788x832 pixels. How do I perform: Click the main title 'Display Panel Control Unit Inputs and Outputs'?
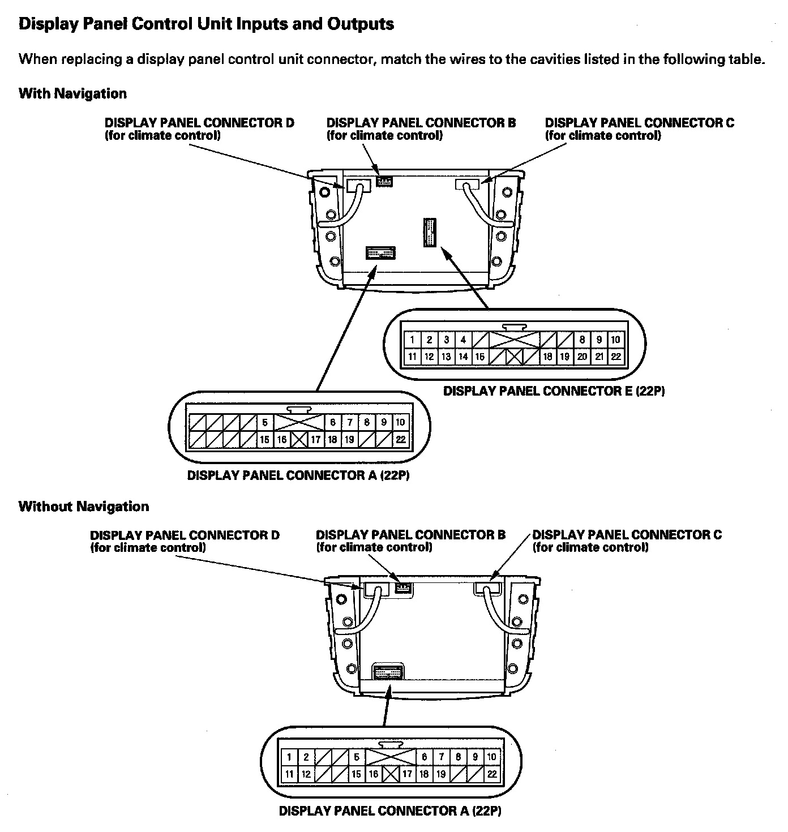click(x=206, y=24)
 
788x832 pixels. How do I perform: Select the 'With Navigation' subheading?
click(x=72, y=93)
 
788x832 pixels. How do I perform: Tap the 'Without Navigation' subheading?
click(x=84, y=506)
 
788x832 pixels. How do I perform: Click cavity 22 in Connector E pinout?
click(x=616, y=357)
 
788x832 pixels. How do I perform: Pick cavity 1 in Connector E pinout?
click(x=413, y=340)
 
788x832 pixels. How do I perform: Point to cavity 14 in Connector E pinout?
click(x=463, y=357)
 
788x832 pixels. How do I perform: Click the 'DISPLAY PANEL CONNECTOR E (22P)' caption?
click(x=553, y=391)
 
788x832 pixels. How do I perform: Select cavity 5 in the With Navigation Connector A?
click(x=264, y=422)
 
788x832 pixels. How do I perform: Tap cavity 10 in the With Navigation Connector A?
click(x=400, y=422)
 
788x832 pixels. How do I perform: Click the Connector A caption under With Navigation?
click(x=298, y=475)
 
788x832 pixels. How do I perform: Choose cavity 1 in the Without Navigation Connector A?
click(x=289, y=757)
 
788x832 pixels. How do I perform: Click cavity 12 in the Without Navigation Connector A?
click(x=306, y=774)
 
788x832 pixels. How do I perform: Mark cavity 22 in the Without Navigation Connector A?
click(x=492, y=774)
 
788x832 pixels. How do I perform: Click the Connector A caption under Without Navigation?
click(x=390, y=811)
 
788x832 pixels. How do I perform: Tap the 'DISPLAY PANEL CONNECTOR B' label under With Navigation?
click(x=421, y=123)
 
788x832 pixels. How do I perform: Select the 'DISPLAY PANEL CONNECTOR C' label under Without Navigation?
click(x=627, y=535)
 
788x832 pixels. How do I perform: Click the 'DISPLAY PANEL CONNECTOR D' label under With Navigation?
click(x=199, y=123)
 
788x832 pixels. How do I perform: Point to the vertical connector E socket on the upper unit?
click(x=430, y=231)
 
